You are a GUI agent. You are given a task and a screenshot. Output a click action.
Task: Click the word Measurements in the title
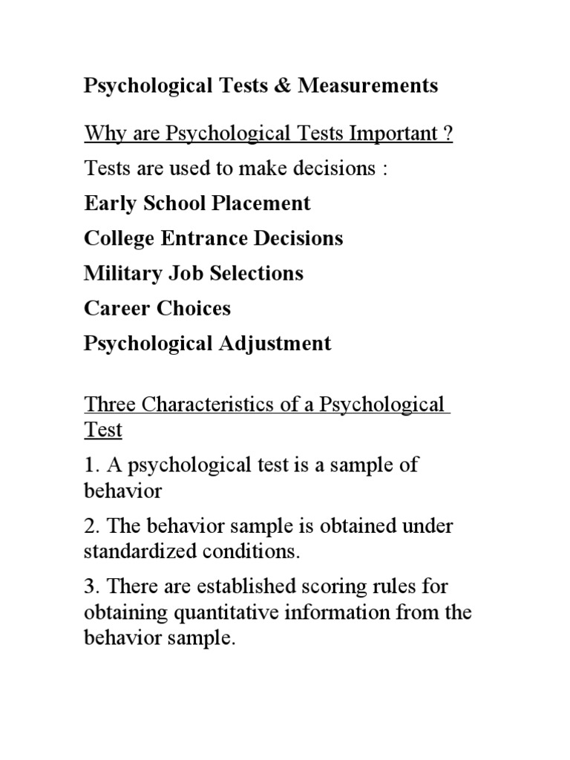pyautogui.click(x=368, y=86)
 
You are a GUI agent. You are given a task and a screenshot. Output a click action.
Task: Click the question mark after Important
pyautogui.click(x=448, y=134)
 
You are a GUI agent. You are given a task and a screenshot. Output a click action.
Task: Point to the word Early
pyautogui.click(x=108, y=203)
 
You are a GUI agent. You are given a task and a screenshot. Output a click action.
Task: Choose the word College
pyautogui.click(x=119, y=238)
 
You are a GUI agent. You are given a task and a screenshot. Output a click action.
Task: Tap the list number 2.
pyautogui.click(x=91, y=526)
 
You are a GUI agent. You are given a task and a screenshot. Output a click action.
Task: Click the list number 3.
pyautogui.click(x=91, y=587)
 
